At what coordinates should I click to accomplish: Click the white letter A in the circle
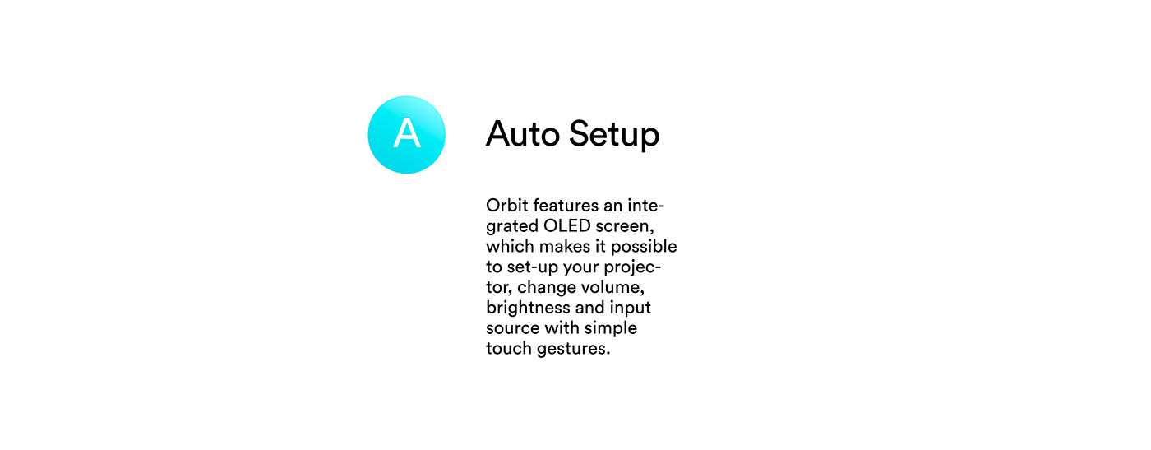tap(406, 134)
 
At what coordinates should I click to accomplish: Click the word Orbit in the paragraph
tap(504, 205)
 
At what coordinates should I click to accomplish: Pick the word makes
tap(564, 246)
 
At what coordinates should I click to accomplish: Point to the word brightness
tap(527, 309)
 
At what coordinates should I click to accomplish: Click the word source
tap(512, 328)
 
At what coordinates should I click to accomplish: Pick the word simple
tap(611, 329)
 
